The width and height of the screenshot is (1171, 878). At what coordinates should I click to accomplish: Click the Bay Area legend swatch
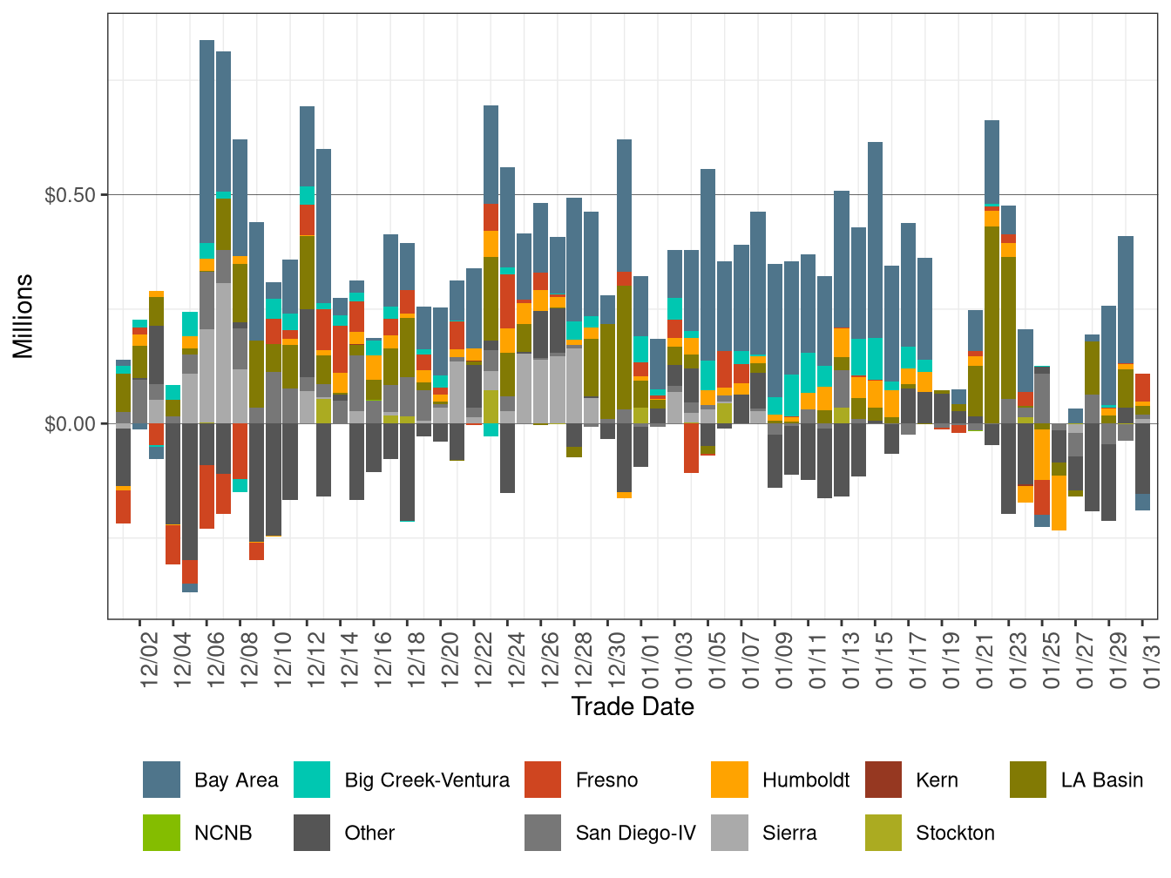161,780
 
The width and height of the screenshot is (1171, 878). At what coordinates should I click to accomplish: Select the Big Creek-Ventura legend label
427,780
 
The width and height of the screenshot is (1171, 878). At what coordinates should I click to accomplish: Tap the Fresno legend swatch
543,780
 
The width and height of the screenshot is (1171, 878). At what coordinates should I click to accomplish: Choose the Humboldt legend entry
805,780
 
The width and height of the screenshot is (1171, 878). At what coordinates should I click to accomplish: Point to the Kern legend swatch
883,780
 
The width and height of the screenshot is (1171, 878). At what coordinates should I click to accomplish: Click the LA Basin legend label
1101,780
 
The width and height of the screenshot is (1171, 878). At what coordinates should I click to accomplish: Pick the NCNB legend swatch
161,833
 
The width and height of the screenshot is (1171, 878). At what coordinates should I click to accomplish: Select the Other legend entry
369,833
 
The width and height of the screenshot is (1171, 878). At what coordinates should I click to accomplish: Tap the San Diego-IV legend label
635,833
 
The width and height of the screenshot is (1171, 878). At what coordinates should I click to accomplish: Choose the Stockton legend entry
955,833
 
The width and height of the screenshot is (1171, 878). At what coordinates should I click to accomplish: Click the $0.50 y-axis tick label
70,194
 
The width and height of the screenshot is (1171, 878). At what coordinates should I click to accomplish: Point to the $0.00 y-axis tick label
70,424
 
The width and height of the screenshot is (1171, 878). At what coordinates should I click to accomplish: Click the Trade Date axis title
633,706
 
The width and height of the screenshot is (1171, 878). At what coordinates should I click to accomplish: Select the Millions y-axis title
23,316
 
